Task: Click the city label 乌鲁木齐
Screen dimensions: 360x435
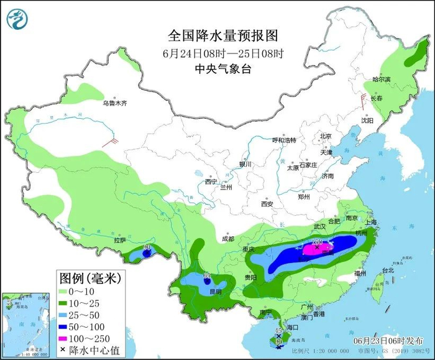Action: (114, 103)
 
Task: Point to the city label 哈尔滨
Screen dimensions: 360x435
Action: (381, 80)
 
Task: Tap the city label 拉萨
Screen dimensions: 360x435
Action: (120, 240)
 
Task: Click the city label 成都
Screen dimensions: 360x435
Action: (227, 239)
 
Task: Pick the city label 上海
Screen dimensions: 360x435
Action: (372, 222)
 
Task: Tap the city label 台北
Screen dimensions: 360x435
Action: (388, 270)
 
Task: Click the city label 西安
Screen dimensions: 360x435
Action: (267, 203)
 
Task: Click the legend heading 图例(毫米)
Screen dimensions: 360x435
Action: (89, 275)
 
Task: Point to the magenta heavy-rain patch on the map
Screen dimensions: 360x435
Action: (317, 249)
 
